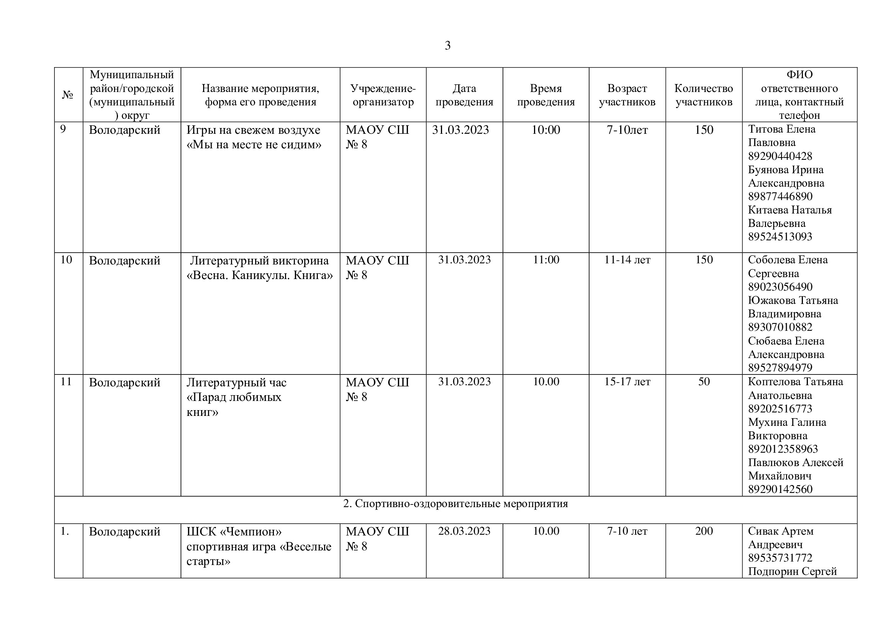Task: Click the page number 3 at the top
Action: (x=447, y=46)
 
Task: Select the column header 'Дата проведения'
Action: (x=464, y=95)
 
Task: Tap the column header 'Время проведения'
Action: (x=545, y=95)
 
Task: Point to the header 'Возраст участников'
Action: (x=627, y=95)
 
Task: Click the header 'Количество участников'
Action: (x=703, y=95)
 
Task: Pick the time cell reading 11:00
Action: (x=545, y=260)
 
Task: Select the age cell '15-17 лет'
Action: (x=627, y=381)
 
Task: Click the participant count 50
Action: (x=703, y=381)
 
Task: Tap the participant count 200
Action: (x=703, y=531)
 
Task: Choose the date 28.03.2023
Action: (x=464, y=531)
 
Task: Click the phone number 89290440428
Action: (x=780, y=156)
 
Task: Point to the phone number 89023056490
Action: (x=780, y=287)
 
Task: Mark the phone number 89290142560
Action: (x=780, y=489)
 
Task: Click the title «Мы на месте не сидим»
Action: (x=254, y=145)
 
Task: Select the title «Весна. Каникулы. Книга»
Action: (x=259, y=276)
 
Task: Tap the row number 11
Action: (x=66, y=381)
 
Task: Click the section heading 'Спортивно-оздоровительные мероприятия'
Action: (x=455, y=504)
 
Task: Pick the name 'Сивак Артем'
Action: (x=780, y=531)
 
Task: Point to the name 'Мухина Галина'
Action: (x=787, y=422)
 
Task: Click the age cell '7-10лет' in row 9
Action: (x=627, y=130)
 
